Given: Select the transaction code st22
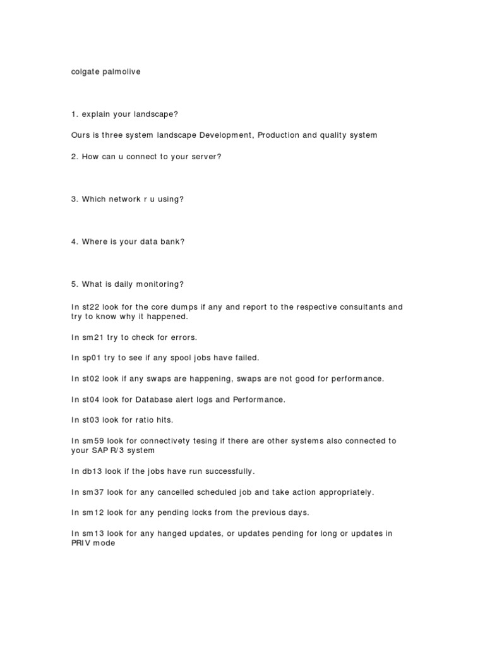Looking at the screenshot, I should tap(91, 307).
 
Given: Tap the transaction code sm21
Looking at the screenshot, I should tap(92, 337).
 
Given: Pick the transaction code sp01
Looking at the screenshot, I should tap(92, 358).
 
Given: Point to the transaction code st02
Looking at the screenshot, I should tap(91, 378).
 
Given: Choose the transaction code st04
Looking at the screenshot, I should tap(91, 399).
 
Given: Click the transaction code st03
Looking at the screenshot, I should tap(91, 420).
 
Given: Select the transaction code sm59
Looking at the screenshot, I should tap(92, 440).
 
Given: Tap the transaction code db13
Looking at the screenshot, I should tap(92, 471).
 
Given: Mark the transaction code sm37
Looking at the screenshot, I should tap(92, 492).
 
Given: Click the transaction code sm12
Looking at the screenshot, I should tap(92, 512).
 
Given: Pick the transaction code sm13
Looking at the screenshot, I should tap(92, 533).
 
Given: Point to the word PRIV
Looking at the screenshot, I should tap(81, 543).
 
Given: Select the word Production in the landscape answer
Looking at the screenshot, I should tap(280, 135).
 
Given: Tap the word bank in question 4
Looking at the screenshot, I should tap(171, 241).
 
